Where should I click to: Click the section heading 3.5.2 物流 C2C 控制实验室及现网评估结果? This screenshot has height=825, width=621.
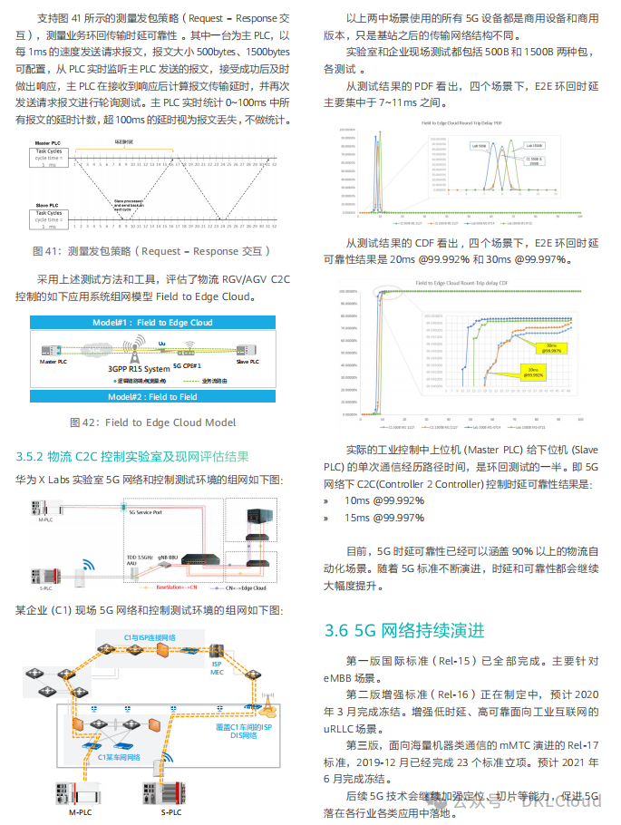click(131, 456)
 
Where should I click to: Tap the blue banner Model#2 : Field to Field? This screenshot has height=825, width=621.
click(152, 397)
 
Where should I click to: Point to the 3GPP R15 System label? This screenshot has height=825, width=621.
click(139, 369)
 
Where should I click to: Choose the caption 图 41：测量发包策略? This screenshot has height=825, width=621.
click(150, 251)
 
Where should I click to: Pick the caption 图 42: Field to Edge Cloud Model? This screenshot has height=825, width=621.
click(152, 422)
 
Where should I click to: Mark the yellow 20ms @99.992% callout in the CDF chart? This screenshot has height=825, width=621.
click(532, 372)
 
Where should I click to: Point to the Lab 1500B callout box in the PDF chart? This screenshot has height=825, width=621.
click(532, 145)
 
